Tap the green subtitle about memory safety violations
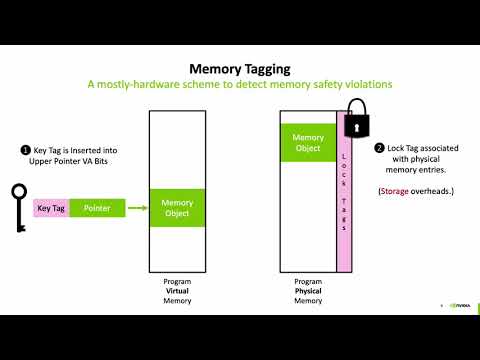(239, 84)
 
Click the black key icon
(17, 207)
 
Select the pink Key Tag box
(51, 208)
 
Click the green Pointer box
(97, 208)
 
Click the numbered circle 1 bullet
(26, 150)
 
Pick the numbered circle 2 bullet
(380, 148)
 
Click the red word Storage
(397, 190)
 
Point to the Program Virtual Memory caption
(177, 291)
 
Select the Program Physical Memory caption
(309, 291)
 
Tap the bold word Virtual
(177, 291)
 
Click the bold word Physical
(309, 291)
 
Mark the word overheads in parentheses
(434, 190)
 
